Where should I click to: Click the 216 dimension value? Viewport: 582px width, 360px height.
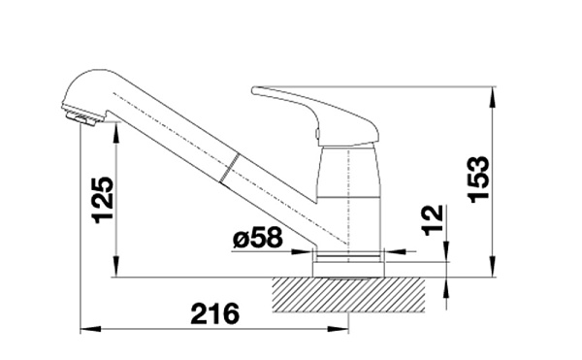click(215, 314)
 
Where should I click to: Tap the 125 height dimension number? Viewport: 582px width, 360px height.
click(103, 200)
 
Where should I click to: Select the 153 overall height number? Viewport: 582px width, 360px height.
click(479, 180)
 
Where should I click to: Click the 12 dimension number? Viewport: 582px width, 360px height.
click(433, 220)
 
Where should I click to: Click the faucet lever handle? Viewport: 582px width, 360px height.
click(315, 115)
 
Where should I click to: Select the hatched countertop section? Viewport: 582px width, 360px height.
click(348, 295)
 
